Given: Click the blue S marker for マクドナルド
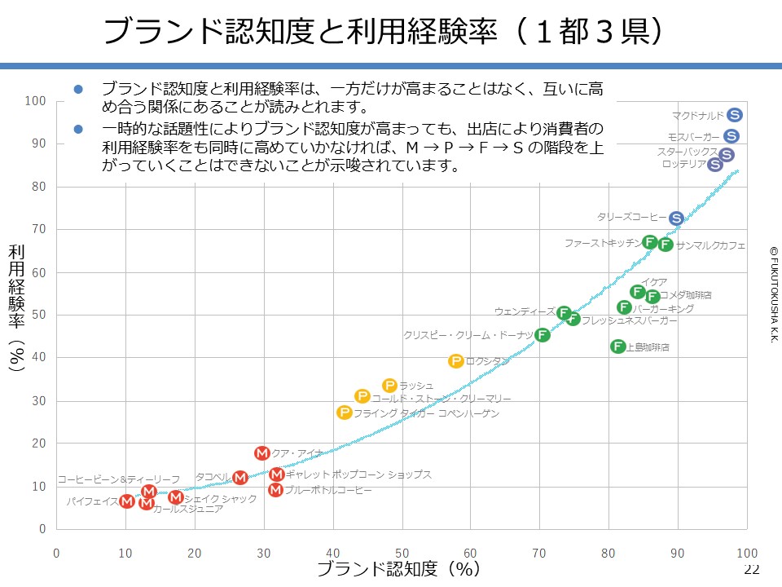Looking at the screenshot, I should (734, 115).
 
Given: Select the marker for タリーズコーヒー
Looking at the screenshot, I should (676, 218).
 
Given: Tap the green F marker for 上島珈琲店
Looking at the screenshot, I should (618, 346).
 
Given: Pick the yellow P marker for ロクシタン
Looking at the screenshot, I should (455, 360).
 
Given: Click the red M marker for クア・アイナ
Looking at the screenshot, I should (261, 453).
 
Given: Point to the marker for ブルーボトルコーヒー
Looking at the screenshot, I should (275, 490).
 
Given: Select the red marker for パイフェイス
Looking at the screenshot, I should (126, 501).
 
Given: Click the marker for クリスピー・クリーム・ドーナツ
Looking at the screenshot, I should (543, 335).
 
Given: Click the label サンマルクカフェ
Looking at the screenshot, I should (710, 245).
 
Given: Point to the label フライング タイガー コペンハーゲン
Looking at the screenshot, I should (426, 413).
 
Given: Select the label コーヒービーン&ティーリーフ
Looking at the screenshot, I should (118, 479).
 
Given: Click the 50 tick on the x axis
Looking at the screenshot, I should (402, 554).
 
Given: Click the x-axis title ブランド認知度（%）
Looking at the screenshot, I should (397, 569).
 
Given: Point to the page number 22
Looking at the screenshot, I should (751, 569).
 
